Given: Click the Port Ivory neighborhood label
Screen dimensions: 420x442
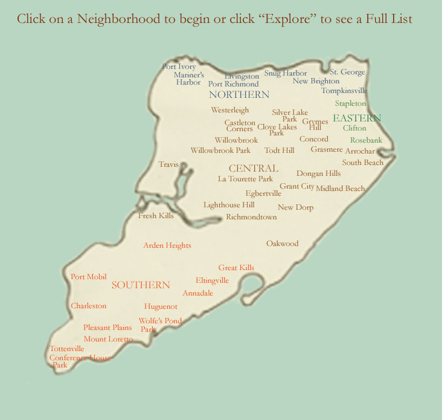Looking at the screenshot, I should pyautogui.click(x=179, y=66).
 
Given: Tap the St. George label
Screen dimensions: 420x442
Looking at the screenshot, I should pyautogui.click(x=347, y=73).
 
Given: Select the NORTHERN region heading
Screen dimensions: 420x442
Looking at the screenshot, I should pyautogui.click(x=239, y=95).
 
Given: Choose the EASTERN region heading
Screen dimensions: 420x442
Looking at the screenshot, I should pyautogui.click(x=357, y=118).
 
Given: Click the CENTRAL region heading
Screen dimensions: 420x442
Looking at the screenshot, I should pyautogui.click(x=253, y=169).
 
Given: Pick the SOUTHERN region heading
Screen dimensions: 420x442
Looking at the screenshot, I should pyautogui.click(x=141, y=285).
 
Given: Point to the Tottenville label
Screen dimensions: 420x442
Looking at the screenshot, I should pyautogui.click(x=67, y=349).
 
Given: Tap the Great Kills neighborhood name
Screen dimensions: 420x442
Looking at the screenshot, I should pyautogui.click(x=236, y=268).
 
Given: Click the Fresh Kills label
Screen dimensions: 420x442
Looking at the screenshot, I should pyautogui.click(x=156, y=216).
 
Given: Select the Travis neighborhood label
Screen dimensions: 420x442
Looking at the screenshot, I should pyautogui.click(x=168, y=164).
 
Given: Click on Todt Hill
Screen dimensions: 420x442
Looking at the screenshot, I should pyautogui.click(x=279, y=150).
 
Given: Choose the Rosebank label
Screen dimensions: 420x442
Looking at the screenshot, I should pyautogui.click(x=366, y=140).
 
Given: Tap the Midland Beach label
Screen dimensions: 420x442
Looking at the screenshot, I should pyautogui.click(x=340, y=189).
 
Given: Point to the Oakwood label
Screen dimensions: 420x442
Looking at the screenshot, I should pyautogui.click(x=283, y=244).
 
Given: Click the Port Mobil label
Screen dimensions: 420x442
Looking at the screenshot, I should pyautogui.click(x=89, y=277).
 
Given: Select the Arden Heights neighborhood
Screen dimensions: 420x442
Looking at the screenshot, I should pyautogui.click(x=167, y=245).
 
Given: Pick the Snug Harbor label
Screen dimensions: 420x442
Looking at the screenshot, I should pyautogui.click(x=286, y=73).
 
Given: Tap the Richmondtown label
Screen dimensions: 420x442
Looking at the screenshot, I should pyautogui.click(x=251, y=217).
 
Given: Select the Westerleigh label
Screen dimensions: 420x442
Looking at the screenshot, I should pyautogui.click(x=230, y=111).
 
